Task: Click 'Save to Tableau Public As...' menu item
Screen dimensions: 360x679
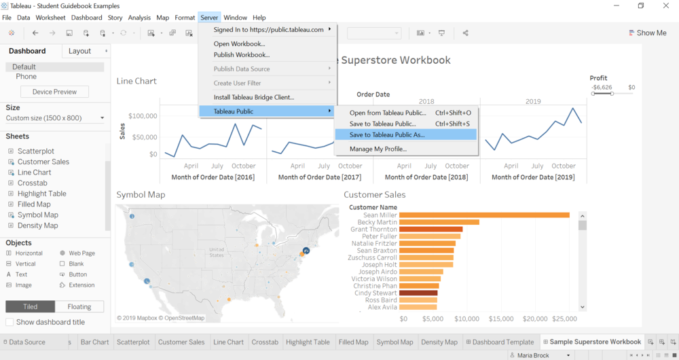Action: (387, 134)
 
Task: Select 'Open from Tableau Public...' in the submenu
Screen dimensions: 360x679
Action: (388, 113)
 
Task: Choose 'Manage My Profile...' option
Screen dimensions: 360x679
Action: (378, 149)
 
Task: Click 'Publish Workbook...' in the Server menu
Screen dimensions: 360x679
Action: (241, 54)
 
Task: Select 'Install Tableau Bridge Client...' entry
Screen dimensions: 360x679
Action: (253, 97)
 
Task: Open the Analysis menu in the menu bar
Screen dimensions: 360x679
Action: (139, 18)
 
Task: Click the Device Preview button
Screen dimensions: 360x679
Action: (55, 92)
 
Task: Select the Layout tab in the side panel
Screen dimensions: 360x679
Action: (79, 51)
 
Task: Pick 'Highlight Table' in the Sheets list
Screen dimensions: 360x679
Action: (41, 194)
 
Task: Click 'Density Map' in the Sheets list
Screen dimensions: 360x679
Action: (37, 226)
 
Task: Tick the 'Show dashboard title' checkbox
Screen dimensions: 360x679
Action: (10, 322)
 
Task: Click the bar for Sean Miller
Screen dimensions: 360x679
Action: (483, 215)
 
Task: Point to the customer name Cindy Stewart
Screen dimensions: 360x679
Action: (375, 293)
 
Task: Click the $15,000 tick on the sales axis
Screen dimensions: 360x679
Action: (501, 319)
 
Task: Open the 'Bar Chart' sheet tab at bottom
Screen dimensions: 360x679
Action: (94, 342)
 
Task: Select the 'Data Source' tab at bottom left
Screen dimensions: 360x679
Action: (27, 342)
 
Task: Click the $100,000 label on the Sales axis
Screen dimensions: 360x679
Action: (143, 116)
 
